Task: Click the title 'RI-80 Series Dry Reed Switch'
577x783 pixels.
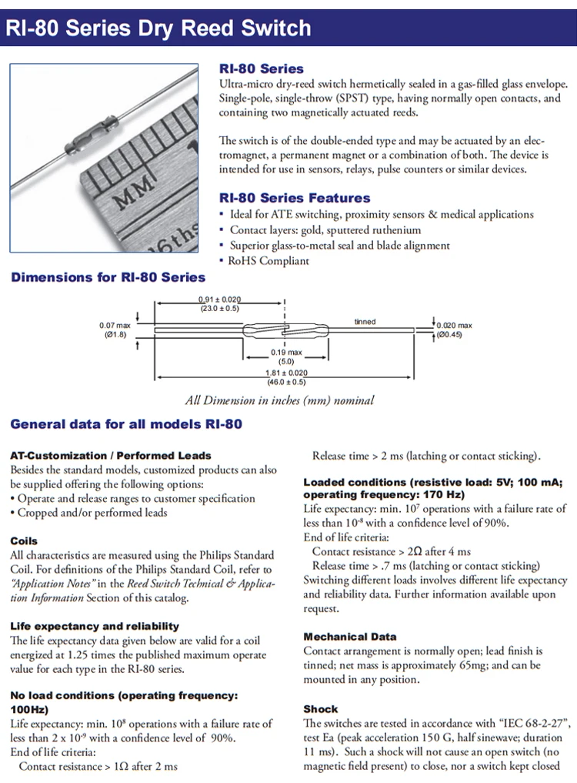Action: [x=159, y=29]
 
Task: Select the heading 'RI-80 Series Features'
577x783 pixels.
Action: [x=295, y=198]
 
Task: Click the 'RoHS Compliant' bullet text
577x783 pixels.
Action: [x=268, y=260]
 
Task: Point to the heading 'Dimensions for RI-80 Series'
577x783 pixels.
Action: [x=108, y=277]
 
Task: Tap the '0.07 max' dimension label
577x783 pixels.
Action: [x=115, y=325]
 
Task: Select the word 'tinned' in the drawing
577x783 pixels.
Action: [x=365, y=321]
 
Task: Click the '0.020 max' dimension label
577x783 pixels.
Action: [x=455, y=326]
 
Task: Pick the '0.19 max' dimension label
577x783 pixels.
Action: [x=286, y=352]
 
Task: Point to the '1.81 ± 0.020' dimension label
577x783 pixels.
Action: [x=286, y=373]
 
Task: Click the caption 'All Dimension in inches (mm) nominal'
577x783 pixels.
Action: [x=280, y=400]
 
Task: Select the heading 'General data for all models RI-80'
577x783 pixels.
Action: [x=126, y=423]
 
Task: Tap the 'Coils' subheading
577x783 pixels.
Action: [x=24, y=541]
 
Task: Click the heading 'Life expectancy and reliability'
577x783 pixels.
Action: [x=95, y=626]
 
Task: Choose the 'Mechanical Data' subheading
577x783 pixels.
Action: [x=350, y=637]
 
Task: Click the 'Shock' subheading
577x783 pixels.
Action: [x=321, y=708]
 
